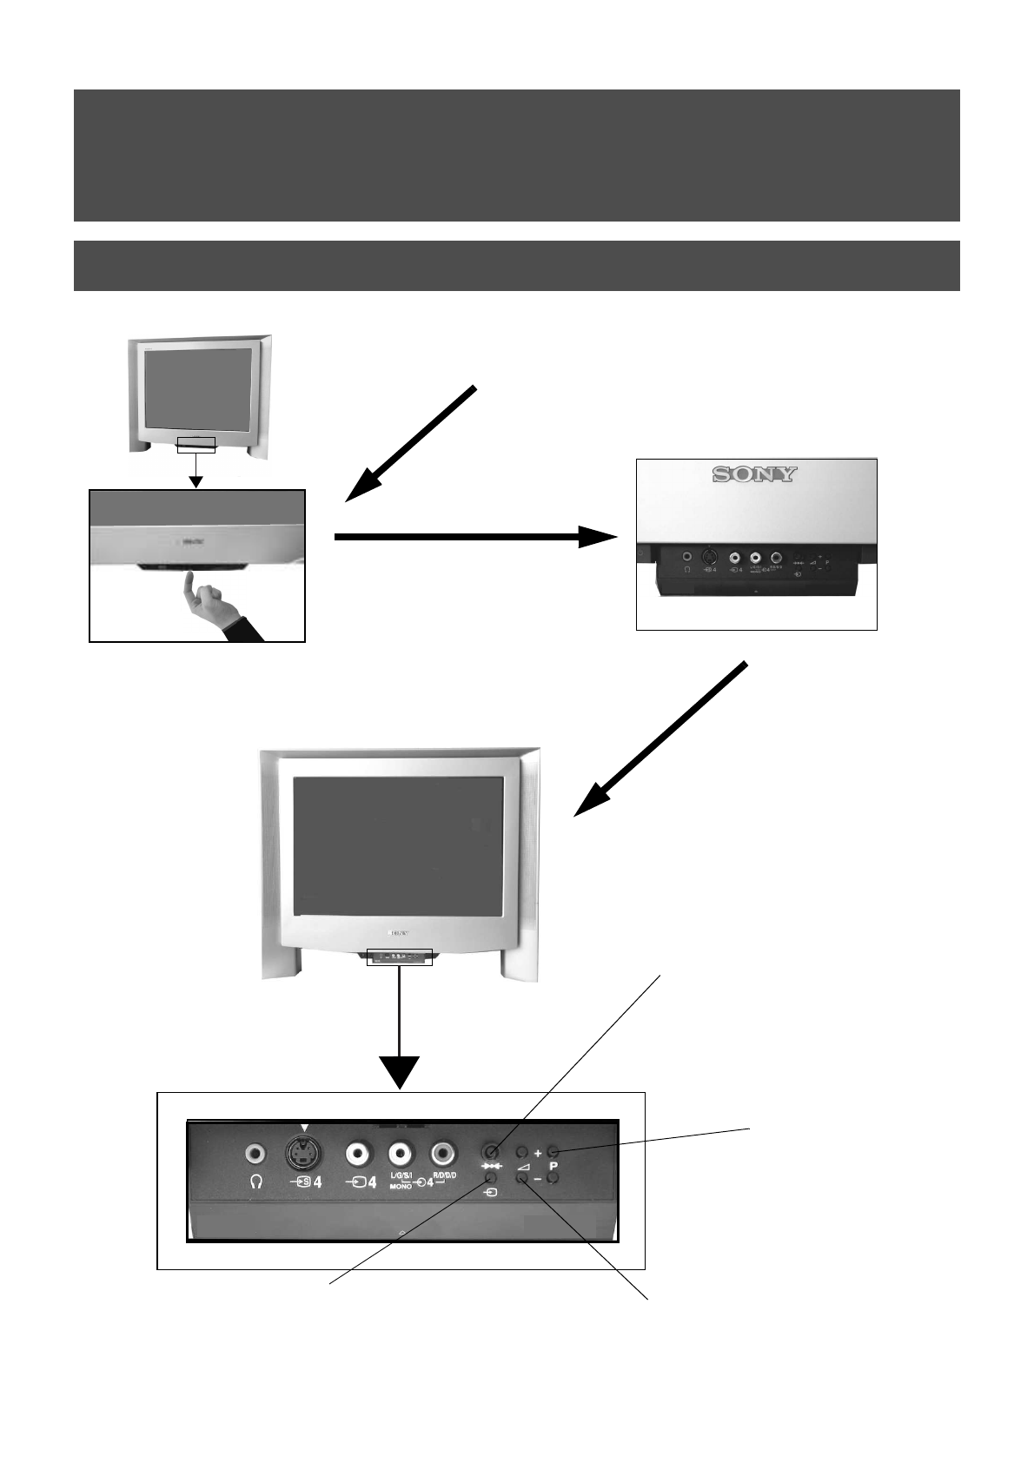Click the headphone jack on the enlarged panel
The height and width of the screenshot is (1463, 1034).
click(255, 1153)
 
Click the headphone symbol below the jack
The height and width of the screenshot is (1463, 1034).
click(255, 1182)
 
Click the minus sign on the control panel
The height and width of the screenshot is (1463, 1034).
click(538, 1179)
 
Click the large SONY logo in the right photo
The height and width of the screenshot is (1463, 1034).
click(754, 474)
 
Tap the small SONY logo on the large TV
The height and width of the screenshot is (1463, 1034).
click(398, 933)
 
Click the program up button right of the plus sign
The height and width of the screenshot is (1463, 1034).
click(553, 1151)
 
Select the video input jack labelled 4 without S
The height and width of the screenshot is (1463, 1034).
click(357, 1154)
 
